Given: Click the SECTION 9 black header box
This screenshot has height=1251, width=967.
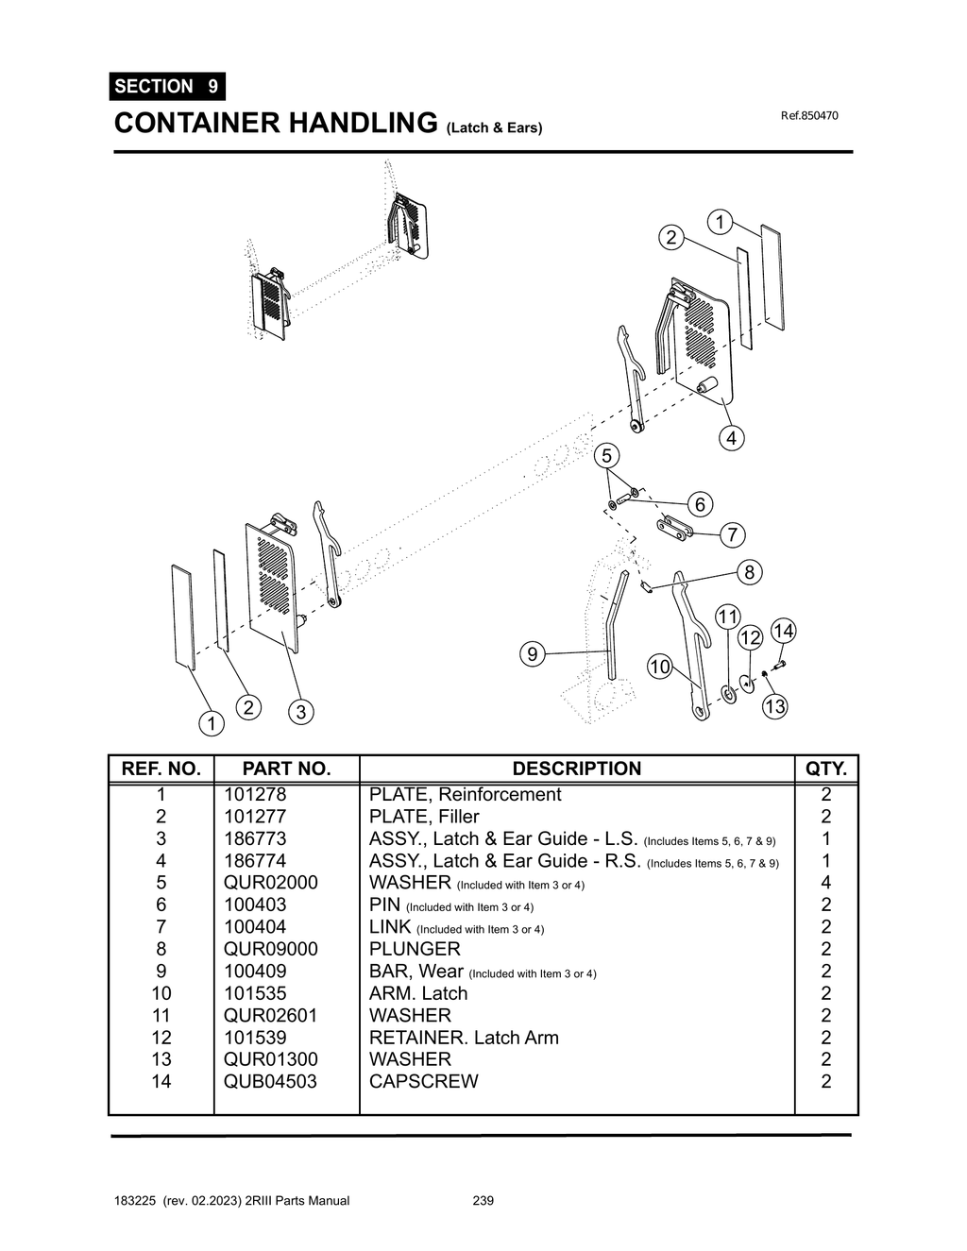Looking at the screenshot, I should [x=167, y=86].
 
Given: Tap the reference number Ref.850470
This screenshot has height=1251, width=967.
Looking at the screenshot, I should [x=809, y=116].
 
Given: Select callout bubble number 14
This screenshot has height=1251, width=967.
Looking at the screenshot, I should [x=784, y=631].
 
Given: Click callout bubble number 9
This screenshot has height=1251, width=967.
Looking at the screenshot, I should [x=533, y=653].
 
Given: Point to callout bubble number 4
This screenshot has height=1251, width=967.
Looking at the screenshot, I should [x=730, y=438].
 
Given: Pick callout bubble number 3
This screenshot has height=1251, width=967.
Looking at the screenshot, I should [x=300, y=712].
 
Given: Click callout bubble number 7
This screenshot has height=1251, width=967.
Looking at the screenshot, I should [x=732, y=535].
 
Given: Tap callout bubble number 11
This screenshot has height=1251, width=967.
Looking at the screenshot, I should [x=727, y=617].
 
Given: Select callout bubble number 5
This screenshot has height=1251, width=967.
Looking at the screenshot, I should [x=606, y=456].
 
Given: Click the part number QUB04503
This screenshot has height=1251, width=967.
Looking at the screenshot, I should [x=270, y=1081].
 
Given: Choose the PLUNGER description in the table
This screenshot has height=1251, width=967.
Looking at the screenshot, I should [x=415, y=949].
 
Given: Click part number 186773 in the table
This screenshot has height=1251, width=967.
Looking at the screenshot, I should [x=255, y=838].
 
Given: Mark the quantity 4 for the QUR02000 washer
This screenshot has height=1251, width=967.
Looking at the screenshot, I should [x=826, y=883].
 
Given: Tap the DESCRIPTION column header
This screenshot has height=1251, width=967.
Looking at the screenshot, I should [x=576, y=769].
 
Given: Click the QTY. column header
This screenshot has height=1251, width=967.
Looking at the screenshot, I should [x=826, y=769].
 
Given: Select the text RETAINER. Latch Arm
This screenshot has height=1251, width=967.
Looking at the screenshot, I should [x=464, y=1038].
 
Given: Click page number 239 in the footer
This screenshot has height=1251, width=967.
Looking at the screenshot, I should [x=483, y=1201].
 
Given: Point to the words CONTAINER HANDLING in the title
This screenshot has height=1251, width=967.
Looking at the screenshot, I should [x=276, y=123].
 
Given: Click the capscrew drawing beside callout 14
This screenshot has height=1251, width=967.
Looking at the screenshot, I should [x=779, y=667].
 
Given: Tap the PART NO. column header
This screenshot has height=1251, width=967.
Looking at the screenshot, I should [x=286, y=769].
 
